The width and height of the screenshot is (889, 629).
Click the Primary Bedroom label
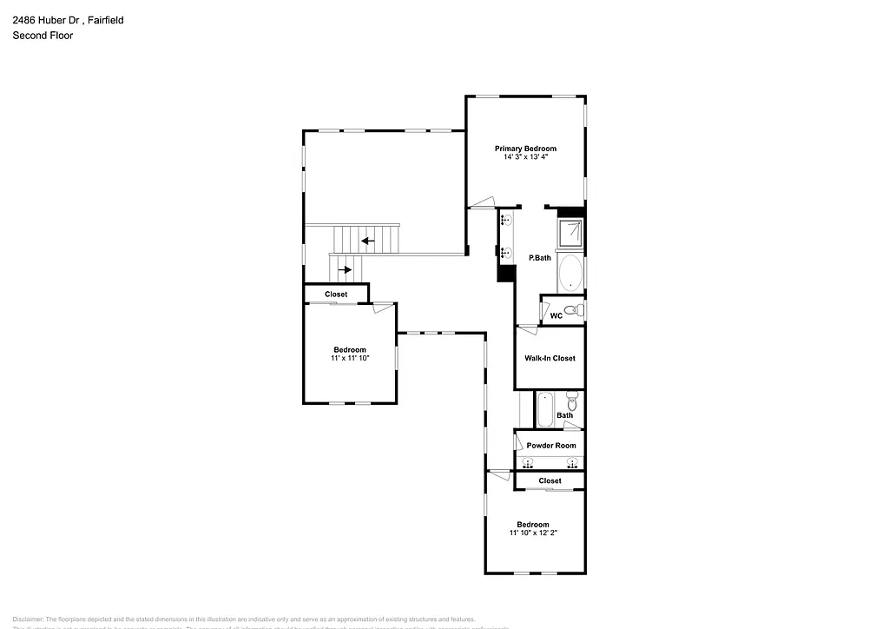click(x=525, y=149)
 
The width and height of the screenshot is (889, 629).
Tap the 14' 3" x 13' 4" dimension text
click(x=525, y=157)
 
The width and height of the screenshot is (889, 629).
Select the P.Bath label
click(x=540, y=258)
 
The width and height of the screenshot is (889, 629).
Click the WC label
click(x=556, y=315)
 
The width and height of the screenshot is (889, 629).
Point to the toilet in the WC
click(x=570, y=310)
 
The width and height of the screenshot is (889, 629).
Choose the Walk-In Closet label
click(x=550, y=358)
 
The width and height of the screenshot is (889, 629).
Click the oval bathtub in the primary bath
click(x=570, y=273)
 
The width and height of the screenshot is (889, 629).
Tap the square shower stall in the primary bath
click(x=570, y=232)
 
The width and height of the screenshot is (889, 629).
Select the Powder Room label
click(x=551, y=446)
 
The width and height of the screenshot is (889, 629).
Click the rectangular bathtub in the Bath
click(x=545, y=409)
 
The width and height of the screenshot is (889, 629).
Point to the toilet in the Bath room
click(x=571, y=402)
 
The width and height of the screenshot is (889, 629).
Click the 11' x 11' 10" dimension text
click(x=350, y=358)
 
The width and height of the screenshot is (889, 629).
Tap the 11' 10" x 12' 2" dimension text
click(x=533, y=533)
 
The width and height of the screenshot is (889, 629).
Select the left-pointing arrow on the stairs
click(x=368, y=241)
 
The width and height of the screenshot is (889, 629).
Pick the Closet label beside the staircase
click(x=336, y=295)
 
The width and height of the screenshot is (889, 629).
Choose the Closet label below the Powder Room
click(x=550, y=480)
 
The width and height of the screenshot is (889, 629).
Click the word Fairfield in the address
click(x=103, y=19)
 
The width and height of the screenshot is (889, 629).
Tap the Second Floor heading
click(x=43, y=36)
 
